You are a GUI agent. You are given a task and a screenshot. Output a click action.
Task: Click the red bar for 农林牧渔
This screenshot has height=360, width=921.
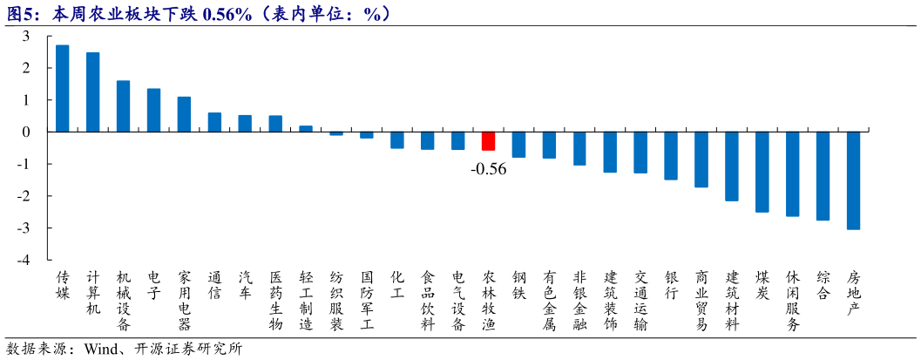coord(488,141)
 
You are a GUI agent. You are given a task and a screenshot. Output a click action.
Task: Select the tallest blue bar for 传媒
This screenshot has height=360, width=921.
coord(63,88)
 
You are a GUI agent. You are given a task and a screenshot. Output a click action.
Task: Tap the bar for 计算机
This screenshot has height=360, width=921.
coord(93,92)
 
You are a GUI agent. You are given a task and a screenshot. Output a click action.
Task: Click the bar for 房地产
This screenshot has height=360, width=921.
coord(853,180)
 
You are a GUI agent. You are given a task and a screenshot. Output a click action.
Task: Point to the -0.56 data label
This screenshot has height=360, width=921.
coord(488,169)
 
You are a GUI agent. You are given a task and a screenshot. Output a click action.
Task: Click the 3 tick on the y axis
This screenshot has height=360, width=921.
coord(26,36)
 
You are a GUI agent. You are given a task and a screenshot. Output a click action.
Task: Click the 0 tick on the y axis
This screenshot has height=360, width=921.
coord(26,132)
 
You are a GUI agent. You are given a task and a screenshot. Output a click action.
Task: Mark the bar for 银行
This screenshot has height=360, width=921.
coord(671,155)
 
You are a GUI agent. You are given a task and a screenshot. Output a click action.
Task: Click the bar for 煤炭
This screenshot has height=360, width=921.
coord(762,172)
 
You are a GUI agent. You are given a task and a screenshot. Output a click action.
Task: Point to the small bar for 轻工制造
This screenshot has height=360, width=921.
coord(306,128)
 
